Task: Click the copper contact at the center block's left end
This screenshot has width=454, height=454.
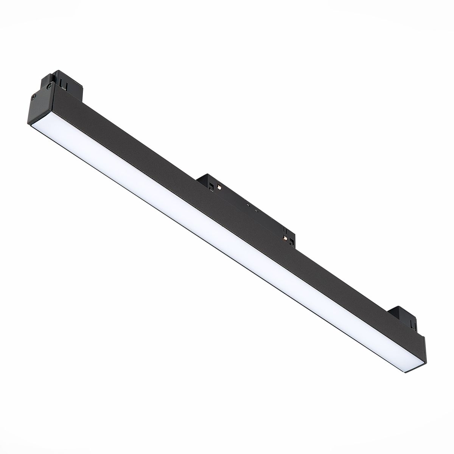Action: [x=219, y=187]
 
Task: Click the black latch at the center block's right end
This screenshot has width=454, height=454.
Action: [x=292, y=241]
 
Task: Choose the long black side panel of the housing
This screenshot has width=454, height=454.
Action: [x=227, y=212]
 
